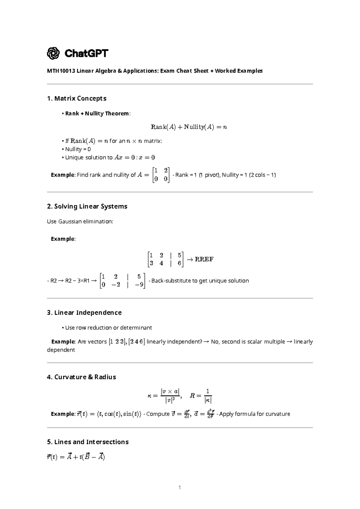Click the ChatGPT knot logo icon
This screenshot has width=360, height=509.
(53, 53)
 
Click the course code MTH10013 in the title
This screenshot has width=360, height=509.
(61, 71)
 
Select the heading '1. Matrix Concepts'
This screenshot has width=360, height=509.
(76, 98)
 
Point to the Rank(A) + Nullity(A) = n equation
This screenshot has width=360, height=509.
(189, 127)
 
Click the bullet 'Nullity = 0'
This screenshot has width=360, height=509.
(78, 149)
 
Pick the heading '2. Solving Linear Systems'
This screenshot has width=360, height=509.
(87, 206)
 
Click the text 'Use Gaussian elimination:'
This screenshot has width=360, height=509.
(80, 221)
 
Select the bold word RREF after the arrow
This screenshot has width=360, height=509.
(204, 259)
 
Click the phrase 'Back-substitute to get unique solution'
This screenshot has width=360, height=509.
(200, 281)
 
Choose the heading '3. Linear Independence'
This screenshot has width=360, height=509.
(84, 313)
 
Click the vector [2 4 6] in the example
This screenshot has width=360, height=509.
(136, 342)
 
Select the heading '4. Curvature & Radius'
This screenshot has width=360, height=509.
(81, 377)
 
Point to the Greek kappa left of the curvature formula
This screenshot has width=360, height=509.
(149, 396)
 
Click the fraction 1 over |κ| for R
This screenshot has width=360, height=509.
(208, 396)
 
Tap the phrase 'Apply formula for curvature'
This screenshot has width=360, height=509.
(255, 414)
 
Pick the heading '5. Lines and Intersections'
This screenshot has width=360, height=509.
(88, 442)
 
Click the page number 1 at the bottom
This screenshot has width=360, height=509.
(179, 488)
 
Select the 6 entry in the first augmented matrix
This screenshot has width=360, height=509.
(179, 263)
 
